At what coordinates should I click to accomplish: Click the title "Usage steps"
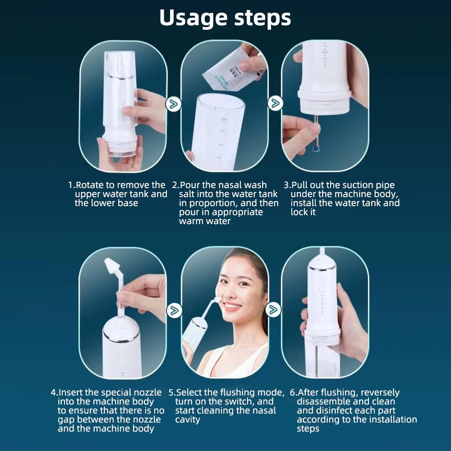click(x=225, y=18)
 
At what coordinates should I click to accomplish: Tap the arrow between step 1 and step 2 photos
click(x=173, y=104)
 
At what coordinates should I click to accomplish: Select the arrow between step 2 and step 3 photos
click(x=274, y=103)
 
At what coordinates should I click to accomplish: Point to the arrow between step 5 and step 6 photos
click(x=273, y=309)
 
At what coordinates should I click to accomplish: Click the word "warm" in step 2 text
click(x=192, y=221)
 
